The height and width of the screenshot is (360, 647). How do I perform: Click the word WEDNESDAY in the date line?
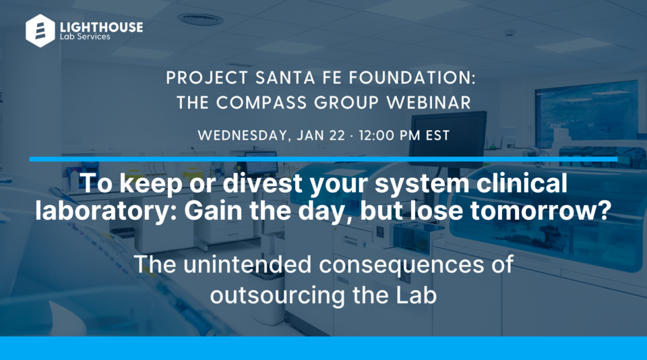[243, 135]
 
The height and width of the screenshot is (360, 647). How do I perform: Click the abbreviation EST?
[437, 135]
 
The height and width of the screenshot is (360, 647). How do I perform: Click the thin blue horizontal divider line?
[323, 159]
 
